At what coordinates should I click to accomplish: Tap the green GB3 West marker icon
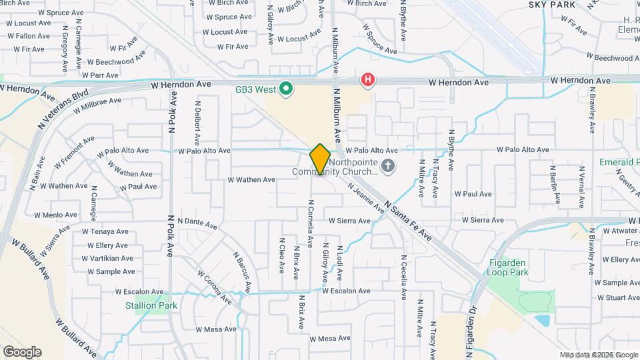287,88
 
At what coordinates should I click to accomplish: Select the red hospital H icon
367,81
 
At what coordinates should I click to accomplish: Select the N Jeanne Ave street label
365,198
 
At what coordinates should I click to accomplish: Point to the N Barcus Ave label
242,271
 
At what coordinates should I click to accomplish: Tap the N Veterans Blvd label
63,111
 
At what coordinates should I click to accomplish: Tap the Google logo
22,351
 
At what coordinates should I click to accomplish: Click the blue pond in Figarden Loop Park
542,321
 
